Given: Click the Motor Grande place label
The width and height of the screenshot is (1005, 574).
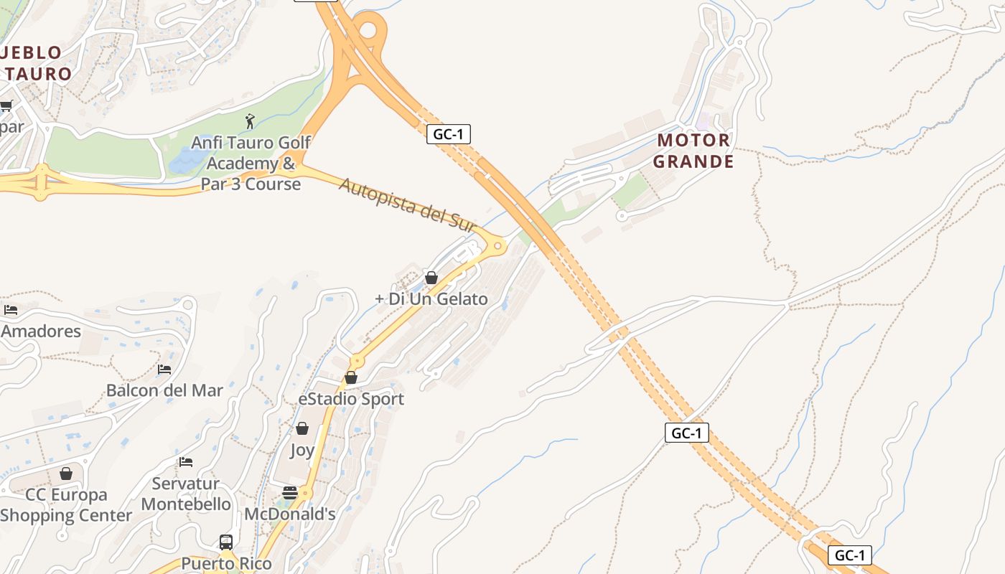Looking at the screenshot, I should coord(693,151).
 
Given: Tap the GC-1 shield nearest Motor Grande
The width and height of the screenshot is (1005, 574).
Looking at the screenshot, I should coord(449,134).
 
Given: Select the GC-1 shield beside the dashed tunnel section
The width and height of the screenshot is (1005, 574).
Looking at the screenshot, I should coord(687,433).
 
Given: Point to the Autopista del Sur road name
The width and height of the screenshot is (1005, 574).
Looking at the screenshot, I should coord(408,204).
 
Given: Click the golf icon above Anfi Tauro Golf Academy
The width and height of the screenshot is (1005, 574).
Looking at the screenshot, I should coord(250,121).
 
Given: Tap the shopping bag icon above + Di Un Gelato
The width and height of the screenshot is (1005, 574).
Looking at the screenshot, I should coord(431,278).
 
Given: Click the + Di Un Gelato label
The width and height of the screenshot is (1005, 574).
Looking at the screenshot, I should coord(431,299).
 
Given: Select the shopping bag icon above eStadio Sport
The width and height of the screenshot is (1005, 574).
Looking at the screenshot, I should coord(351,377).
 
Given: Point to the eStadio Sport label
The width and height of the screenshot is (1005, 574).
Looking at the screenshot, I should coord(351,399).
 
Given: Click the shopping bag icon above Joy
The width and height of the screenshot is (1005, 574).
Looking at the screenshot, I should coord(302,428).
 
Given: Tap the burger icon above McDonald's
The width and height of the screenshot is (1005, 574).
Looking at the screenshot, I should coord(290,493).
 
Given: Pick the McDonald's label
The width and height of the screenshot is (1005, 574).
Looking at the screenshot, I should coord(290,514).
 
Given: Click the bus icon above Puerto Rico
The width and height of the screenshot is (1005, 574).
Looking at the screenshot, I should coord(226,542).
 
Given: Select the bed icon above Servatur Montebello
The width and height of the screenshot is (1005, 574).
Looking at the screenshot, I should coord(186,462).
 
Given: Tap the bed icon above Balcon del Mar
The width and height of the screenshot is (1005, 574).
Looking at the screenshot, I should coord(164,370).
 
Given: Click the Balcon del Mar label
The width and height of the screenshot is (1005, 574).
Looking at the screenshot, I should coord(164,391).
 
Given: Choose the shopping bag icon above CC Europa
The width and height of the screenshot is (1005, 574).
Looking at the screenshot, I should coord(66,474).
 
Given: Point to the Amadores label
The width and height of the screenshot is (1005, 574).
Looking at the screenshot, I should coord(41,331).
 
